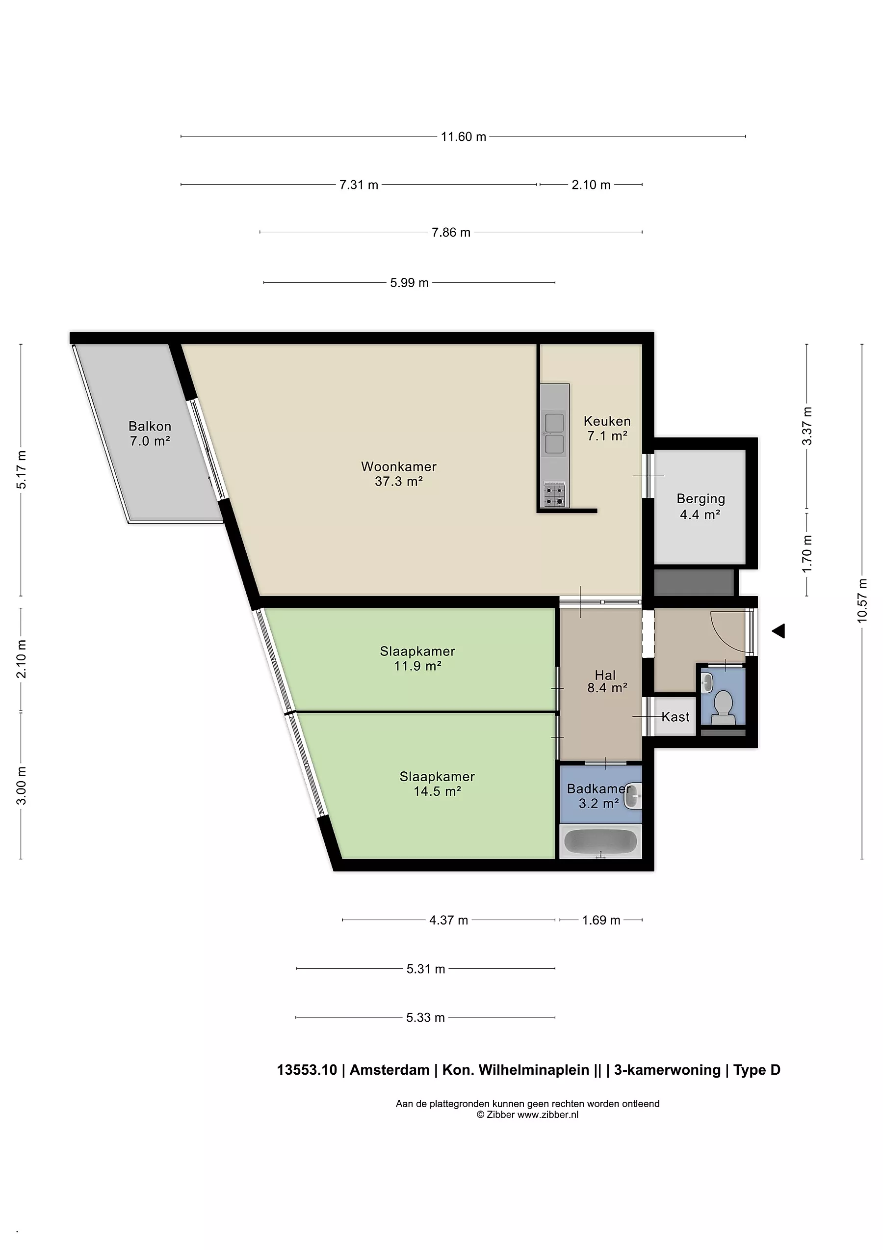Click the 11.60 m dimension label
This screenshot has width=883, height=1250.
click(464, 136)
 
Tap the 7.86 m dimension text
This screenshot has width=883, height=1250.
click(451, 232)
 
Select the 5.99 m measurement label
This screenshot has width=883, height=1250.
click(410, 283)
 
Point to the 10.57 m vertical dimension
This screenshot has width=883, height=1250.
click(862, 600)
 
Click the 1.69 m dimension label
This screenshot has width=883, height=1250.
click(601, 920)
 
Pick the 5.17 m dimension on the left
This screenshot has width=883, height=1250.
click(21, 470)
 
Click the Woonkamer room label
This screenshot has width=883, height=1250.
click(399, 466)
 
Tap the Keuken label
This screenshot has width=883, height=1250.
click(607, 421)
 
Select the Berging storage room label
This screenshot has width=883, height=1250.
click(701, 499)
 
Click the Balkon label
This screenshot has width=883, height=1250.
click(150, 426)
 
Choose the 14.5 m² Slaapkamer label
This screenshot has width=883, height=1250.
click(438, 784)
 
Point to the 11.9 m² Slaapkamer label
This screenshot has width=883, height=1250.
click(417, 658)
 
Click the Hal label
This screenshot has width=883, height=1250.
click(605, 675)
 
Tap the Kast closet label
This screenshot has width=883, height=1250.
click(675, 717)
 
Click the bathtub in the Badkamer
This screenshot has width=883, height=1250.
click(600, 841)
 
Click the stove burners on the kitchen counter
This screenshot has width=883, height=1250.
click(554, 495)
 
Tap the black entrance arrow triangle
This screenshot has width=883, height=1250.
click(779, 631)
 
